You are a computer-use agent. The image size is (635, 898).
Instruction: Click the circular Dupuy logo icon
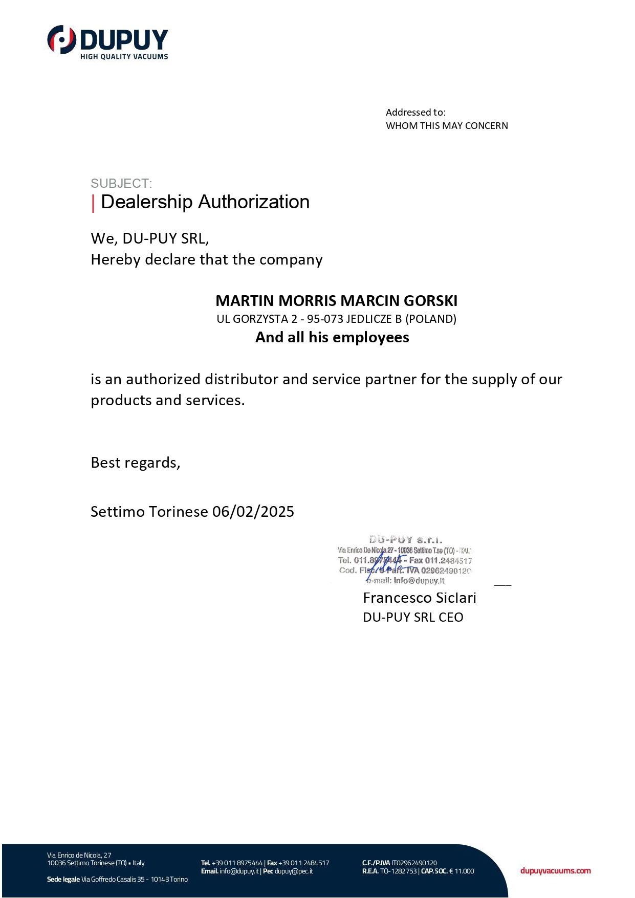(x=62, y=40)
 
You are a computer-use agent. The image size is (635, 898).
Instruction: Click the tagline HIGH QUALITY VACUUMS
(x=124, y=57)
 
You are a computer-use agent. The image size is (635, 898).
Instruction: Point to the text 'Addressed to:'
(x=415, y=113)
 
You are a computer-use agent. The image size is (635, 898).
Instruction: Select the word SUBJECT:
(x=121, y=184)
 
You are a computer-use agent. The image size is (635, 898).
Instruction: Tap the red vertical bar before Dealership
(x=93, y=203)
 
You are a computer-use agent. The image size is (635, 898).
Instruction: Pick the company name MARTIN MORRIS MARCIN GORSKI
(x=336, y=301)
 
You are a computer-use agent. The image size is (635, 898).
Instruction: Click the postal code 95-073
(x=325, y=319)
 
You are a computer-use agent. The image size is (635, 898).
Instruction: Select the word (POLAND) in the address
(x=431, y=319)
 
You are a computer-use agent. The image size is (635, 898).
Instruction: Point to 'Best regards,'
(x=136, y=463)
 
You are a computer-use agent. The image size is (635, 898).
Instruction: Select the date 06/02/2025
(x=253, y=512)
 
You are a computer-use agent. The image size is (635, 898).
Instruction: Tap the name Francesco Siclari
(x=420, y=598)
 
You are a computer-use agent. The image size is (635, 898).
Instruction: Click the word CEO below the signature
(x=451, y=618)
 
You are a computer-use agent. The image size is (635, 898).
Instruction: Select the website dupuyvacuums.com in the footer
(x=555, y=871)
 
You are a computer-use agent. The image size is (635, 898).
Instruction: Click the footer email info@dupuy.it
(x=239, y=871)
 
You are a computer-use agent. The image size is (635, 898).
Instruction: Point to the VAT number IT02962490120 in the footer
(x=414, y=863)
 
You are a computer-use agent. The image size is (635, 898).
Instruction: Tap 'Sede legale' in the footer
(x=63, y=880)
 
